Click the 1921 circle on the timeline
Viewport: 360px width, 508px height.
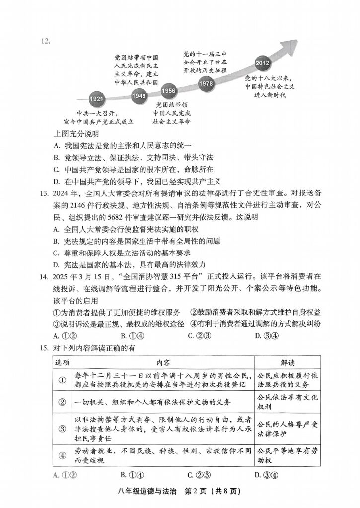pyautogui.click(x=97, y=99)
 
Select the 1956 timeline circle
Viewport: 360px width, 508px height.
pyautogui.click(x=169, y=91)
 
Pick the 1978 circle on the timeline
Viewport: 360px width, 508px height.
pyautogui.click(x=206, y=83)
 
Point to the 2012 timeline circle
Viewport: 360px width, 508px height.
pyautogui.click(x=262, y=63)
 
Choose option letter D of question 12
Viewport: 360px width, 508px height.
pyautogui.click(x=56, y=181)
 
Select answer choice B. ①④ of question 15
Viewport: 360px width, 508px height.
pyautogui.click(x=132, y=475)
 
